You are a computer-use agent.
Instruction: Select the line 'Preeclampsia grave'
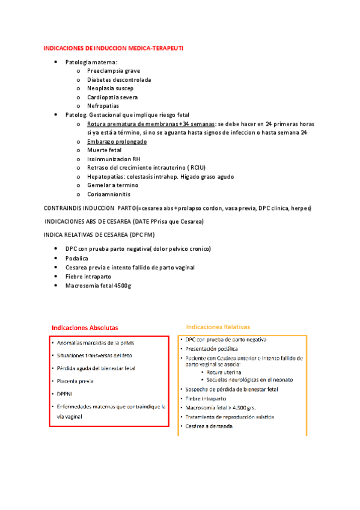[113, 71]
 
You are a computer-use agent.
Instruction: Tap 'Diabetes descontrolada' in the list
[119, 79]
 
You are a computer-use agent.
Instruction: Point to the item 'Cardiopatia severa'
[112, 97]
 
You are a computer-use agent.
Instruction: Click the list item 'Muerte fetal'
[104, 150]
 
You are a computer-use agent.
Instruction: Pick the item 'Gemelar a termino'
[112, 185]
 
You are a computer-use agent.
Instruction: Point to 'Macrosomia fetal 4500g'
[98, 285]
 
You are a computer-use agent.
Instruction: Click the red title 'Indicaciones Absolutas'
[85, 328]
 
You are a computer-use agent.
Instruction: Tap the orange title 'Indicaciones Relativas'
[218, 327]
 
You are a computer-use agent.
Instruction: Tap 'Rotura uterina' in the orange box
[225, 373]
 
